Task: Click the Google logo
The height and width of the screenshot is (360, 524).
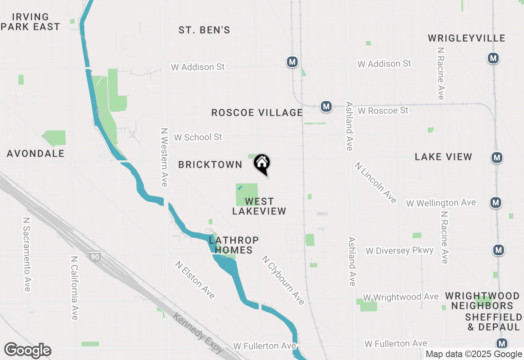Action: coord(28,350)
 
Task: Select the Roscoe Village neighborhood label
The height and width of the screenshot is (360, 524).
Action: coord(257,112)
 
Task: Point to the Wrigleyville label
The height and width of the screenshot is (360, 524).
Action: coord(467,38)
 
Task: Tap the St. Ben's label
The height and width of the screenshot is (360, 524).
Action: coord(204,30)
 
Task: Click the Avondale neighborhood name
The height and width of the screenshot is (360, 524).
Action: coord(36,153)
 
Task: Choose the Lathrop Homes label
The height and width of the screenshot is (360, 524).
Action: coord(234,245)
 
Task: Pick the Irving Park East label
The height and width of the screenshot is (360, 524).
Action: coord(31,22)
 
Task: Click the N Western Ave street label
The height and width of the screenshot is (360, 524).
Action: coord(165,157)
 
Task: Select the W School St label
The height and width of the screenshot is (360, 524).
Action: coord(198,137)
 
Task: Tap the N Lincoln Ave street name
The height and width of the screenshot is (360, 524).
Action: coord(375,182)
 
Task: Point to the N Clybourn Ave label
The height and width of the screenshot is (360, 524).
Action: coord(283,280)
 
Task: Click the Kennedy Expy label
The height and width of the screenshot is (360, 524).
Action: coord(198,333)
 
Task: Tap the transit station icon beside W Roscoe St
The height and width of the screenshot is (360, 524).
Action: coord(326,107)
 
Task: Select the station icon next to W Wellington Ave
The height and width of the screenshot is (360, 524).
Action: coord(496,202)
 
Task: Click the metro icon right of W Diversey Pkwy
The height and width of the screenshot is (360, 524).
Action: coord(498,250)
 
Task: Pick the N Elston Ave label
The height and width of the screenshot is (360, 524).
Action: coord(195,280)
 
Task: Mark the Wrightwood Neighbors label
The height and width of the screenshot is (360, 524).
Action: coord(482,301)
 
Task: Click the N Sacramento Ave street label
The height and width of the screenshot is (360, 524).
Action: coord(27,254)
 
